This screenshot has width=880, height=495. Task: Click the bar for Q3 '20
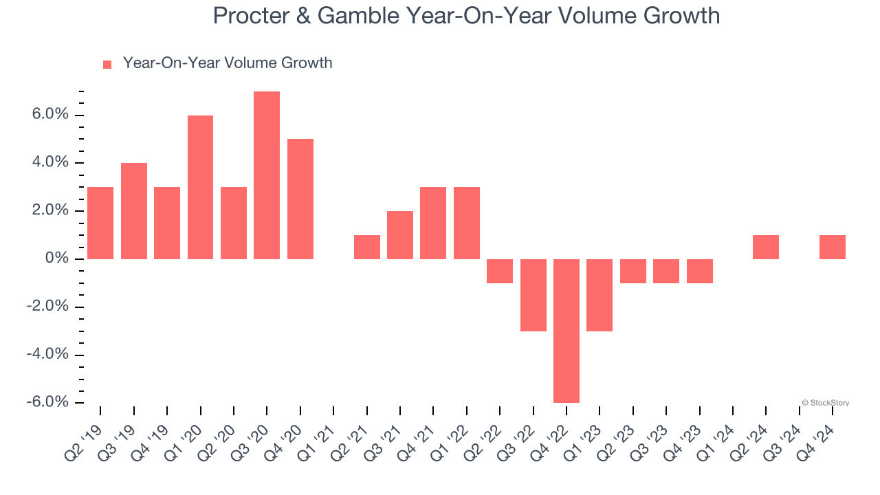pos(267,175)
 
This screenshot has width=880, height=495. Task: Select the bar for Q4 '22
pos(566,331)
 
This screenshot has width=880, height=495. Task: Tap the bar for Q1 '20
pos(200,187)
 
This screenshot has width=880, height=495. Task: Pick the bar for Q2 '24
pos(766,247)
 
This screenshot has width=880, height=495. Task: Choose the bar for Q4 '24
pos(833,247)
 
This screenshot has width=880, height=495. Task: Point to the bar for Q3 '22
pos(533,295)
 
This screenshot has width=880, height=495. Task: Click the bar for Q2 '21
pos(366,247)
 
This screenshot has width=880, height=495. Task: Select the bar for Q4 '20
pos(300,199)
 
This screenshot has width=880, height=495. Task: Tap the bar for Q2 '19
pos(100,223)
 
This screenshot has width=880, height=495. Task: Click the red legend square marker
pos(107,65)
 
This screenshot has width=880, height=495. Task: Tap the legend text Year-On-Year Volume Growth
pos(227,63)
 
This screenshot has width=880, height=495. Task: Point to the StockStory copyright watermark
pos(825,403)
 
